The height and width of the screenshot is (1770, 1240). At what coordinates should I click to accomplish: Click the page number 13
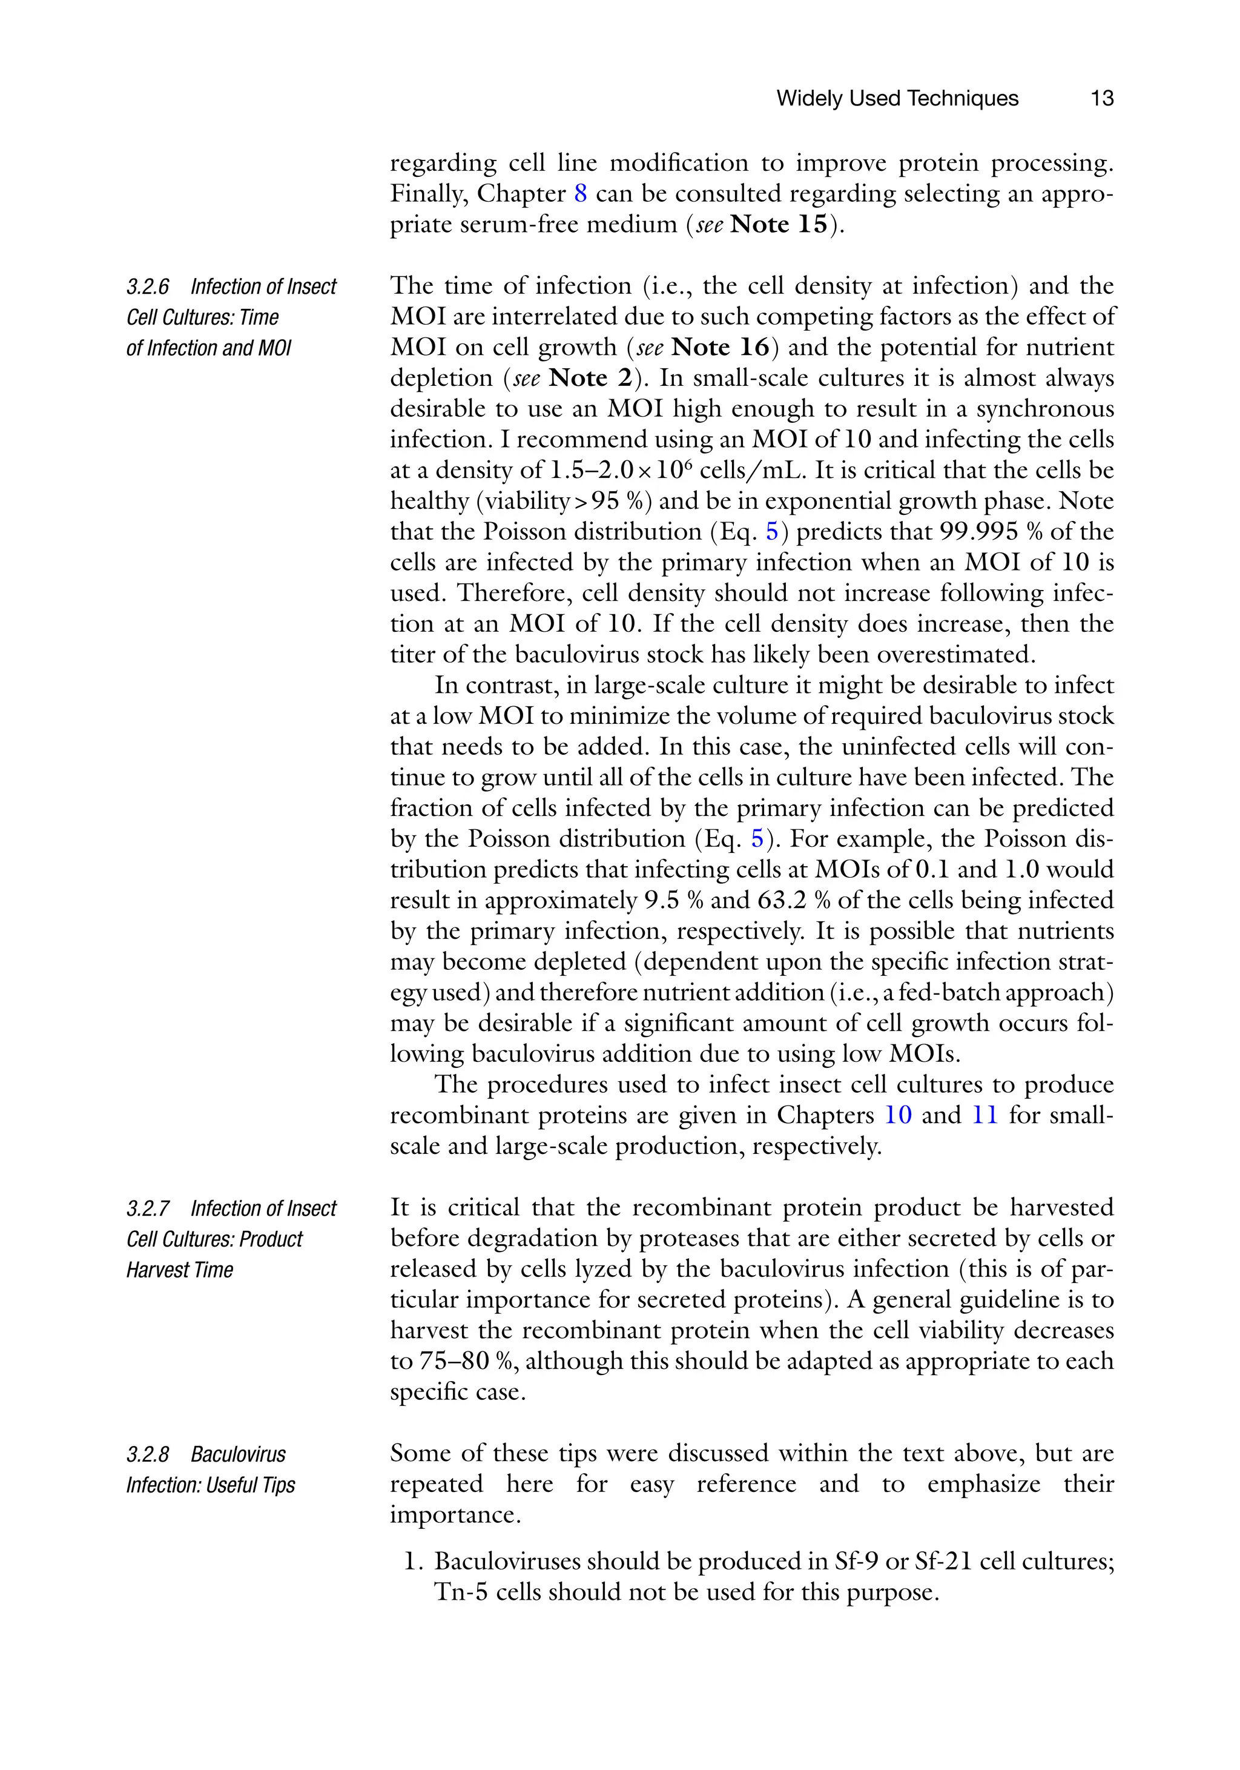tap(1101, 99)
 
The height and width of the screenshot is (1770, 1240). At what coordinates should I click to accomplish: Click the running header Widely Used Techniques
tap(897, 99)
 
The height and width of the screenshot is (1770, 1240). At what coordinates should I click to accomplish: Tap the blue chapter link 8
tap(580, 193)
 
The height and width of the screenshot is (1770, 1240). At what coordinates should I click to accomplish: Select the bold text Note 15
tap(779, 224)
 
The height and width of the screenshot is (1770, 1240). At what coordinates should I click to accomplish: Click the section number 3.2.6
tap(148, 287)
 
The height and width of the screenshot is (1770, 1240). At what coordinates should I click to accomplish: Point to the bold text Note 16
tap(720, 348)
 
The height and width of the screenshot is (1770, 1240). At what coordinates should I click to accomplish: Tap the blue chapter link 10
tap(898, 1116)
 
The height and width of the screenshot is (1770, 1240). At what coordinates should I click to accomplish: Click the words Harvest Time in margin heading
tap(180, 1270)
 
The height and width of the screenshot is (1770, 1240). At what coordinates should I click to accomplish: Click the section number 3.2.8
tap(148, 1454)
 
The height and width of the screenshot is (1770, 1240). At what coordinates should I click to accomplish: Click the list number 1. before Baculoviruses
tap(414, 1562)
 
